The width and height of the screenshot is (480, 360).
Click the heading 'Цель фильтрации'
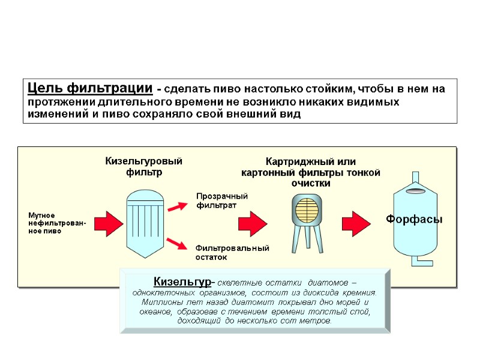89,89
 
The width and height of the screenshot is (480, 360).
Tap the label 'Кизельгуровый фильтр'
144,167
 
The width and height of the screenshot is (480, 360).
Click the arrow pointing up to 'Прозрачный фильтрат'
177,207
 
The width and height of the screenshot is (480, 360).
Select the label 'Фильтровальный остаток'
232,253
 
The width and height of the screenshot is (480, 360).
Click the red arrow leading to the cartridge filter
253,223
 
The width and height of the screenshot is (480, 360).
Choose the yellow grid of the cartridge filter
307,211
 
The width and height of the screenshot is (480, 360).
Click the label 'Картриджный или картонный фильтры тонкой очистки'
310,173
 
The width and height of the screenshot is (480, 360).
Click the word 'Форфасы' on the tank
414,220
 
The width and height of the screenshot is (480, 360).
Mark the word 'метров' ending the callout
316,321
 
